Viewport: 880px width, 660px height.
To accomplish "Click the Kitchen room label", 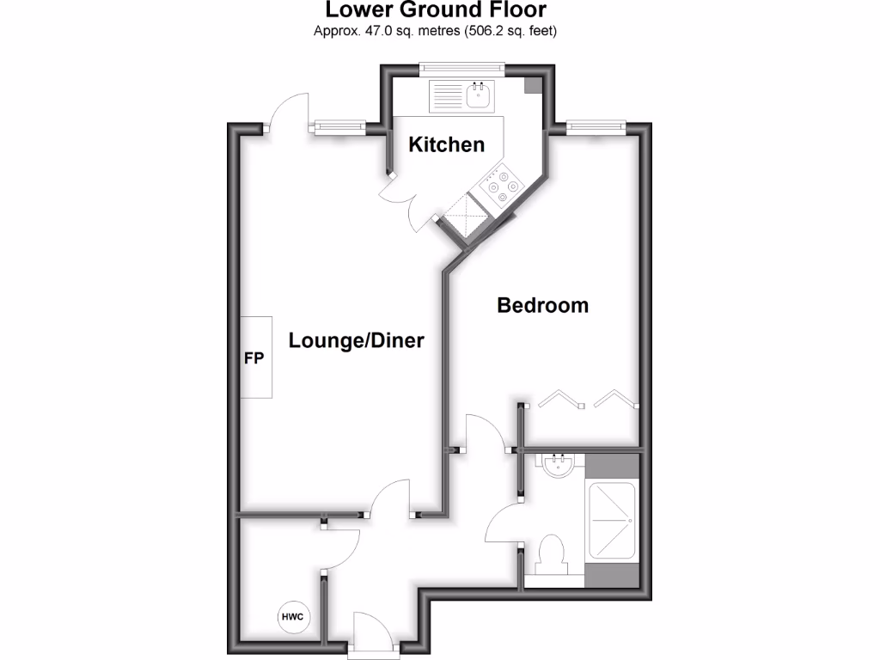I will tap(446, 144).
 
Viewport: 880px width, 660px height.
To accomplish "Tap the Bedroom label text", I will tap(543, 305).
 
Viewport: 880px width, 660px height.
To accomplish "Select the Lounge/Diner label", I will tap(356, 341).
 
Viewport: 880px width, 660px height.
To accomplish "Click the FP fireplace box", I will tap(255, 357).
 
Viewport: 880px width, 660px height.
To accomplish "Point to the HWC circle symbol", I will tap(292, 616).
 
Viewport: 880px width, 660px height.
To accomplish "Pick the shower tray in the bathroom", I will tap(610, 522).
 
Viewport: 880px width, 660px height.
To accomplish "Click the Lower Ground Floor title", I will tap(435, 11).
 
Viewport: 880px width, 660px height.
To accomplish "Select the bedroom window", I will tap(596, 127).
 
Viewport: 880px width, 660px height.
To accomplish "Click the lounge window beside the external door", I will tap(339, 127).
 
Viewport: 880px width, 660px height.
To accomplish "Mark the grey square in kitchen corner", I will tap(534, 83).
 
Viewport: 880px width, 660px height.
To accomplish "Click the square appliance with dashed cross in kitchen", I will tap(465, 215).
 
